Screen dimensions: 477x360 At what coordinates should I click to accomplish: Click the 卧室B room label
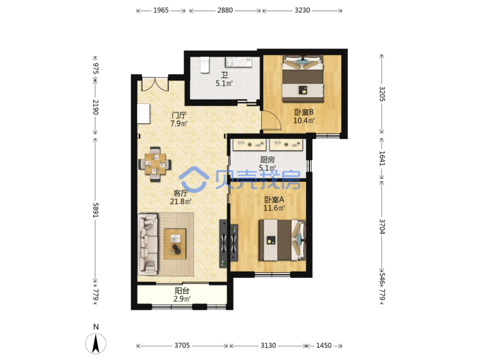[x=303, y=112]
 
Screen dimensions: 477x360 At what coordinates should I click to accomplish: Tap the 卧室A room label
[x=274, y=200]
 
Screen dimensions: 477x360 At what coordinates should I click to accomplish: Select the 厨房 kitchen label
[x=267, y=160]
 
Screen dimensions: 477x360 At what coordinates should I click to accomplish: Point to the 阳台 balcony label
[x=182, y=291]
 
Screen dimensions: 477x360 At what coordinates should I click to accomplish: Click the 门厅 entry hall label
[x=179, y=115]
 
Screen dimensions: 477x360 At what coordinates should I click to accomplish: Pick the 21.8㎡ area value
[x=181, y=201]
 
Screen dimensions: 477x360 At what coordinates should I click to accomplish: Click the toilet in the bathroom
[x=205, y=65]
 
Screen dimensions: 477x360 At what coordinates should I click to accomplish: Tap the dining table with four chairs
[x=155, y=164]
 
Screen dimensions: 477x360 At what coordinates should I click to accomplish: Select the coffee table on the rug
[x=175, y=244]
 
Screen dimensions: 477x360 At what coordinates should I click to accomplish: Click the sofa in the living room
[x=148, y=244]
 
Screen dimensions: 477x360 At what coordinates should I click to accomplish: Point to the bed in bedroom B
[x=303, y=78]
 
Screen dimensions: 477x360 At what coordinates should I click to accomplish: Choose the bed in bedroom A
[x=282, y=240]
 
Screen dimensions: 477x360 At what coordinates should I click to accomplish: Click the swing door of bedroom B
[x=271, y=121]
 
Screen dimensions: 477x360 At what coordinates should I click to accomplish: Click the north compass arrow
[x=96, y=344]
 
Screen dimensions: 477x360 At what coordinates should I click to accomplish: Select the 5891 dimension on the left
[x=96, y=210]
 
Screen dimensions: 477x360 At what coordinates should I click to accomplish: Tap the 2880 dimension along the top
[x=225, y=10]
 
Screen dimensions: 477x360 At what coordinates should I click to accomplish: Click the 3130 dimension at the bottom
[x=269, y=345]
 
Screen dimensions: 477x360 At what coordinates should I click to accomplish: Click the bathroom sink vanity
[x=238, y=62]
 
